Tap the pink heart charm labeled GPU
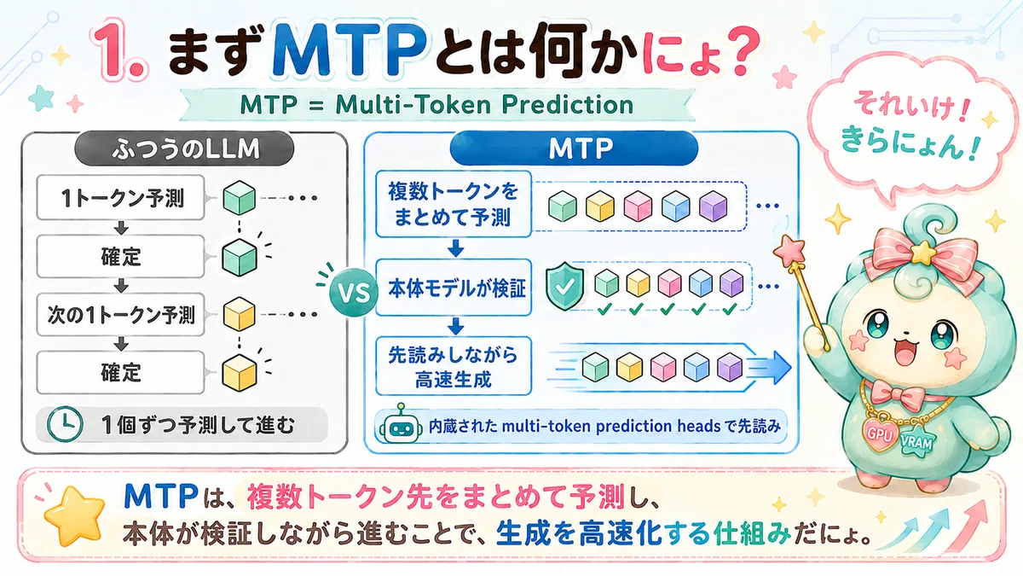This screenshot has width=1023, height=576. [x=880, y=432]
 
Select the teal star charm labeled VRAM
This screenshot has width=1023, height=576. [x=916, y=442]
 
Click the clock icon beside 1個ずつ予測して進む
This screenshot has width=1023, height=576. [x=66, y=424]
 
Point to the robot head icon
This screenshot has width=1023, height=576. [x=400, y=425]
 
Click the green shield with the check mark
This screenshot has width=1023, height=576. [x=564, y=286]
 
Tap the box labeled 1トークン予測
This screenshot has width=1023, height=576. [x=120, y=197]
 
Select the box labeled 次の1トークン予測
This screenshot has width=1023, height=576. [x=120, y=315]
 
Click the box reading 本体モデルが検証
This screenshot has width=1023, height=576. [x=454, y=288]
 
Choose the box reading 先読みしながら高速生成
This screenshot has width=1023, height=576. [x=454, y=366]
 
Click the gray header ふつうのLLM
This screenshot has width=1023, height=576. [x=184, y=149]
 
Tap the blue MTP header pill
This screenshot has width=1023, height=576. [x=574, y=148]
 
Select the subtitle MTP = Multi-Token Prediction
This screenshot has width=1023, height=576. [x=436, y=105]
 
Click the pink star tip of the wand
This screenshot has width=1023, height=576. [x=789, y=251]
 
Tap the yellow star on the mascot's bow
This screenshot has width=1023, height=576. [x=923, y=252]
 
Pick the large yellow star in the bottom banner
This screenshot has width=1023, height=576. [x=74, y=515]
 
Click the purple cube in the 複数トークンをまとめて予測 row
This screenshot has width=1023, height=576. [x=714, y=207]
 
